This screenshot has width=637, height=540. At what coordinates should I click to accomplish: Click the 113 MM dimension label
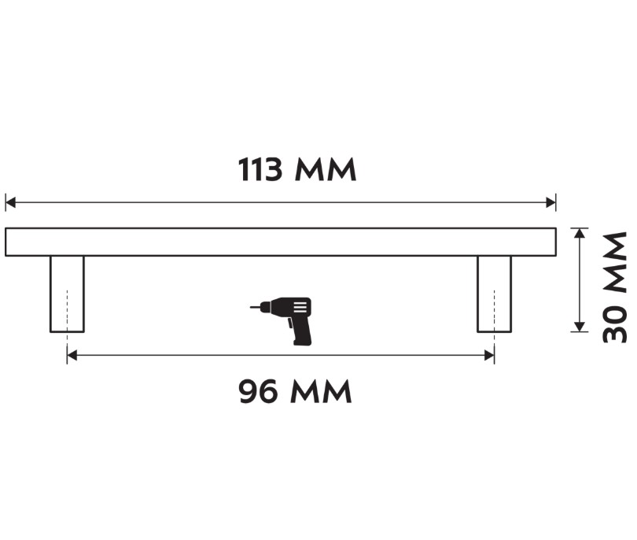click(297, 170)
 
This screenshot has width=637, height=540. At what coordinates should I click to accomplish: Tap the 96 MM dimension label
click(295, 391)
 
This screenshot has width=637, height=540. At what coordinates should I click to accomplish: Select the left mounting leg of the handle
click(67, 294)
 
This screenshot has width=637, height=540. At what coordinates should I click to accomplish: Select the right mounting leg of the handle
click(494, 294)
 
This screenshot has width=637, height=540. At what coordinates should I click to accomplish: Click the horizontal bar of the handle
click(281, 242)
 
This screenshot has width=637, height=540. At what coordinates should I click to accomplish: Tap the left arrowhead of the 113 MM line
click(10, 202)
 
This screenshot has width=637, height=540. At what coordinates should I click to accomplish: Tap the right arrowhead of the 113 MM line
click(551, 202)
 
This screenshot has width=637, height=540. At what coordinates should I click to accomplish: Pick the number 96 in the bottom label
click(259, 391)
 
